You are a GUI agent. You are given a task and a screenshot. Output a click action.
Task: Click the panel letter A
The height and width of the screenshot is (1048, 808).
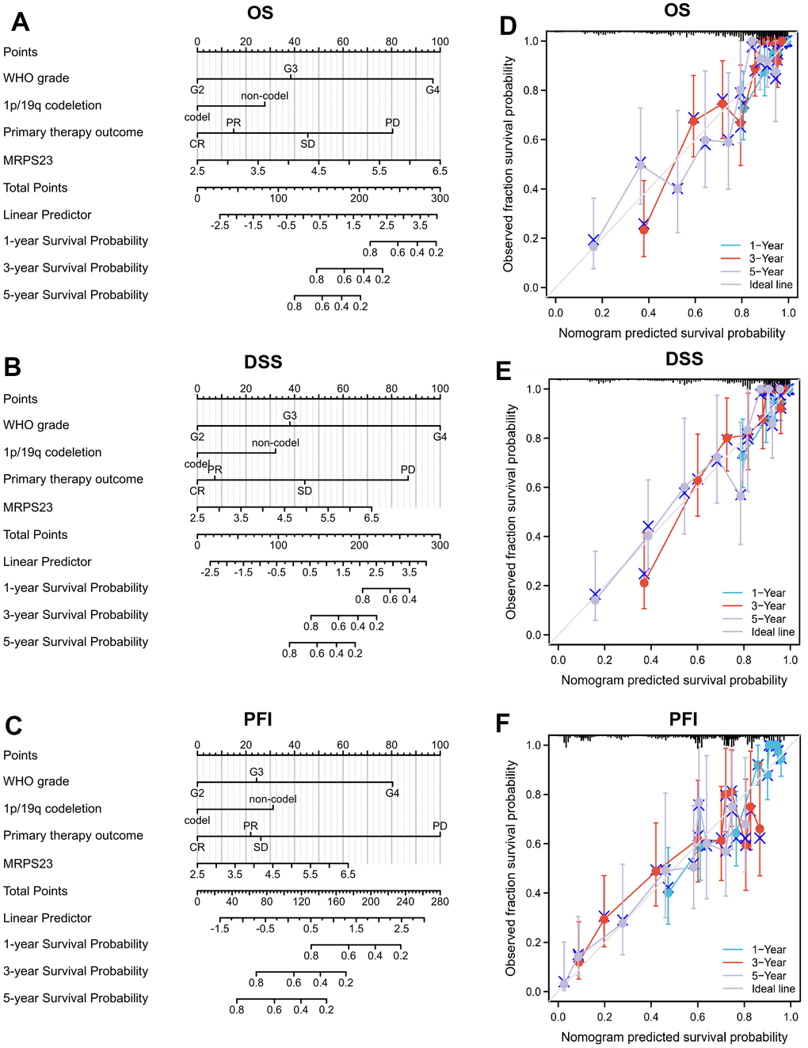(x=21, y=22)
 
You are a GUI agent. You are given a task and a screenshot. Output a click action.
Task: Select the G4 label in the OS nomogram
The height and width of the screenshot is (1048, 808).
(x=433, y=90)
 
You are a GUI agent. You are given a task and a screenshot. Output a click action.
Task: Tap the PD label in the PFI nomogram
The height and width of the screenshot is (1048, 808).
(x=440, y=826)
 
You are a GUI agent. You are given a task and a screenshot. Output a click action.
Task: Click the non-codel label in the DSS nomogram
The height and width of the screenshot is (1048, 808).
(x=276, y=443)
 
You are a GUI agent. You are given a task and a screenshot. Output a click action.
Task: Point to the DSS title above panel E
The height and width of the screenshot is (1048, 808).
(x=684, y=359)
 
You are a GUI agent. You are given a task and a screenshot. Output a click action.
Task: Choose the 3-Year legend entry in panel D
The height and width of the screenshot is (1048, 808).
(x=766, y=259)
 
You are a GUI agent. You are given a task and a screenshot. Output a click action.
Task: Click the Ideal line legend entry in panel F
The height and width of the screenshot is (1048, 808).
(x=772, y=989)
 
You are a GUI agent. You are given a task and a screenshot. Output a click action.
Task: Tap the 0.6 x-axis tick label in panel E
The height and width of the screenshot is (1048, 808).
(x=697, y=660)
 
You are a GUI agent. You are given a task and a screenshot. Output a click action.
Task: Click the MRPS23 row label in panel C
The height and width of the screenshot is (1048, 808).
(x=28, y=864)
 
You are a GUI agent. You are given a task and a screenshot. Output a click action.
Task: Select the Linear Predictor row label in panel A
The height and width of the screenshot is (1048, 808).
(x=48, y=215)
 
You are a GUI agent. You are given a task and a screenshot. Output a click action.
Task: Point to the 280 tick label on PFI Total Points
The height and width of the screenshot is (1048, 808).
(x=440, y=902)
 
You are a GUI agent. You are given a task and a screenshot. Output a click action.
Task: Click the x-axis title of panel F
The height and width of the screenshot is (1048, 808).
(x=674, y=1037)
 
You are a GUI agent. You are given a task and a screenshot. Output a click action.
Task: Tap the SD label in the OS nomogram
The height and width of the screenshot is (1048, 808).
(x=307, y=144)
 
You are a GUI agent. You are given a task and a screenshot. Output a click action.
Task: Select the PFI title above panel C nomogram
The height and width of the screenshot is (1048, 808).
(x=258, y=720)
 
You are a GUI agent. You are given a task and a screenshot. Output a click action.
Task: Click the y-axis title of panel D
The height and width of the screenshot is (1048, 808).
(x=509, y=164)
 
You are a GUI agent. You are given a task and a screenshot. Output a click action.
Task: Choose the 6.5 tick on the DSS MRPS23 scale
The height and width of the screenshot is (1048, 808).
(x=372, y=518)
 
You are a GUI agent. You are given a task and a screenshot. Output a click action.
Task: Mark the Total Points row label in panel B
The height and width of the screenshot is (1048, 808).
(x=36, y=535)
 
